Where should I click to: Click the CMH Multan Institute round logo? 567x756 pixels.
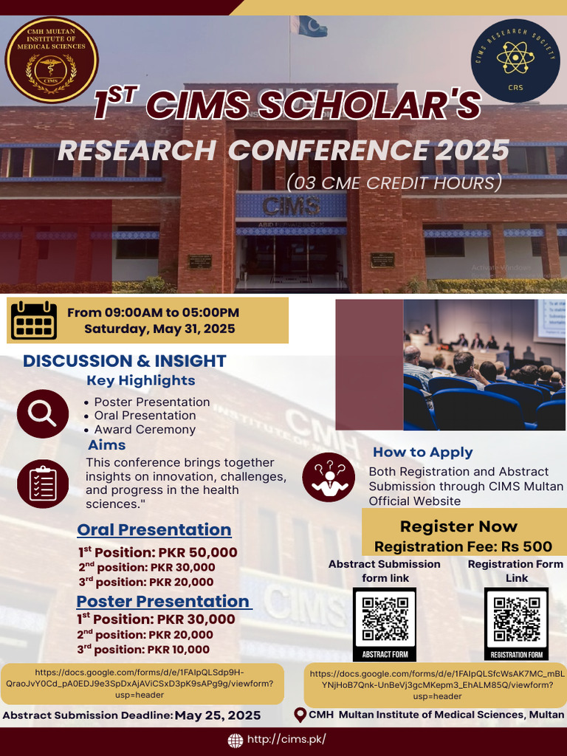[x=52, y=60]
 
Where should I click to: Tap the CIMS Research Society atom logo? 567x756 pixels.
[x=515, y=61]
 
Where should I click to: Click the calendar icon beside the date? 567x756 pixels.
[x=34, y=320]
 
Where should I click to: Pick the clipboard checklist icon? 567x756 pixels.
[x=43, y=483]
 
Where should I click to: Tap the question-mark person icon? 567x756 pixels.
[x=329, y=477]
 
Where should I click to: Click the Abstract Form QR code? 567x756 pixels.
[x=385, y=620]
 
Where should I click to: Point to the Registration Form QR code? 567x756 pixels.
[x=517, y=620]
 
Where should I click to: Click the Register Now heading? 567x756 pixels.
[x=458, y=526]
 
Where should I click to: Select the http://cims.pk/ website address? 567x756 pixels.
[x=286, y=739]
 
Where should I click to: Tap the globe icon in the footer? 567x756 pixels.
[x=236, y=740]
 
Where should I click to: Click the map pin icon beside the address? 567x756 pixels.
[x=300, y=715]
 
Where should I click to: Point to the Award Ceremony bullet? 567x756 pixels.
[x=145, y=430]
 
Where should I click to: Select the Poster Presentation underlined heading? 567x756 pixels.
[x=163, y=601]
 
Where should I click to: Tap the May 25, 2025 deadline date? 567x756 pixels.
[x=218, y=715]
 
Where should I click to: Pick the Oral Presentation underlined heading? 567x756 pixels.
[x=154, y=529]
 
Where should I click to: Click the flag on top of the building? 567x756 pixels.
[x=309, y=27]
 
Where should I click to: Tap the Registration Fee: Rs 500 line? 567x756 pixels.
[x=463, y=546]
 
